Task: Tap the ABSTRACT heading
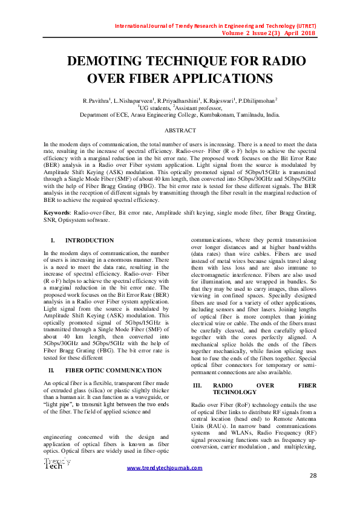pyautogui.click(x=180, y=131)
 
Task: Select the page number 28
pyautogui.click(x=313, y=476)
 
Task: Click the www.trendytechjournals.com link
pyautogui.click(x=164, y=468)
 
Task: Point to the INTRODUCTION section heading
pyautogui.click(x=89, y=241)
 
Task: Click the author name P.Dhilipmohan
pyautogui.click(x=257, y=100)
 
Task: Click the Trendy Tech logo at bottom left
pyautogui.click(x=56, y=464)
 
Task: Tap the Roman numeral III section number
pyautogui.click(x=197, y=386)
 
